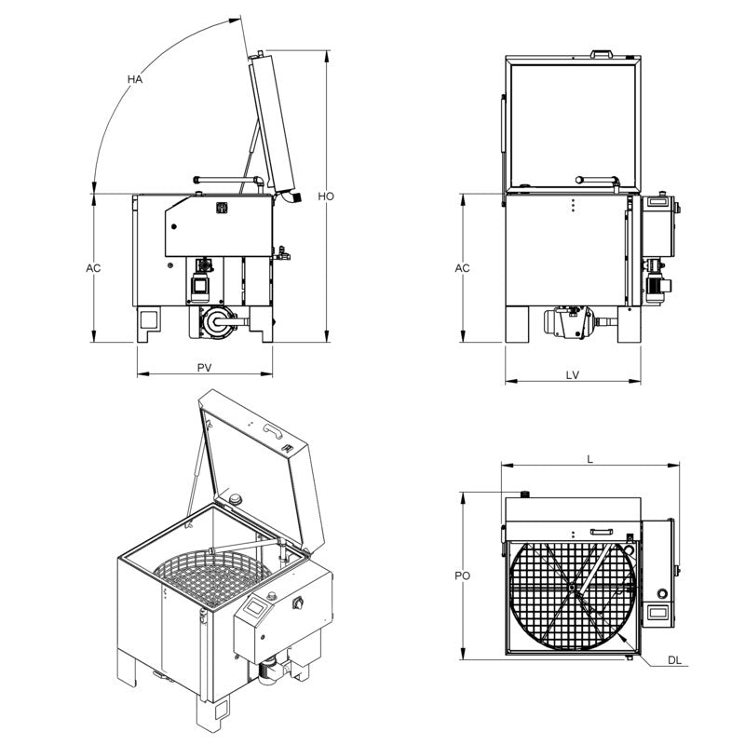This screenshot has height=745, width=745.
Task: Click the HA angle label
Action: click(135, 80)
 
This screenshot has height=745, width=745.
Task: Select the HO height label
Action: click(326, 196)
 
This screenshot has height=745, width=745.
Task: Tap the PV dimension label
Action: click(205, 368)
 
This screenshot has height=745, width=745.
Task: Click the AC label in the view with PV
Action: click(93, 268)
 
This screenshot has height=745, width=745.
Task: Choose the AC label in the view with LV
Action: click(463, 268)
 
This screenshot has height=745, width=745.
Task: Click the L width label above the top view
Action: click(589, 458)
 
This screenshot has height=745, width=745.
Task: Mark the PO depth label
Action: click(463, 576)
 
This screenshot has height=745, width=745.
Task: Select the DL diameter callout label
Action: click(675, 660)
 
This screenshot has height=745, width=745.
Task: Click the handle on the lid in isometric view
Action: click(273, 428)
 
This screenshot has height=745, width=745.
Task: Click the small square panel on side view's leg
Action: click(149, 318)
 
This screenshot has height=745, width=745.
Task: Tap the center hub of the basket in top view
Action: click(570, 588)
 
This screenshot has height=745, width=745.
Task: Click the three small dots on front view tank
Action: click(574, 204)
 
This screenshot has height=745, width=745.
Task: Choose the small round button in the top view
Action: click(661, 592)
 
